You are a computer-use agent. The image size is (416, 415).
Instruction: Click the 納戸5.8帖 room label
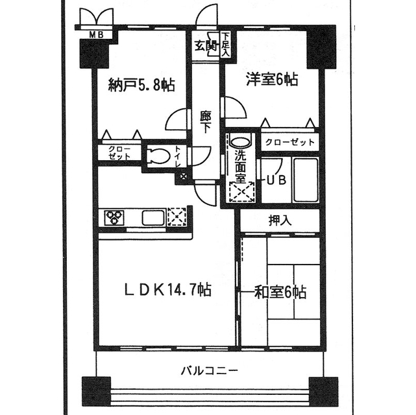(x=141, y=85)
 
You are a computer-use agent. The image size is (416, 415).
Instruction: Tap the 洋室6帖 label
(x=271, y=80)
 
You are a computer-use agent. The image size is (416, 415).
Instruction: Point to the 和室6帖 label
(x=280, y=292)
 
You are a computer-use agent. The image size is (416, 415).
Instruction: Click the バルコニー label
(x=208, y=372)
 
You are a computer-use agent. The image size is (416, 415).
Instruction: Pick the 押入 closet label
(x=280, y=219)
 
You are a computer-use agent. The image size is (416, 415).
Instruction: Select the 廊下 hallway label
(x=206, y=122)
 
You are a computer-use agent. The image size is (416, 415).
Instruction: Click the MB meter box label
(x=95, y=35)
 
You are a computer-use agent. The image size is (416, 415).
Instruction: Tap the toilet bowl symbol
(x=158, y=156)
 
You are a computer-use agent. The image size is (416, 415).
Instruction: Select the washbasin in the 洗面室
(x=239, y=141)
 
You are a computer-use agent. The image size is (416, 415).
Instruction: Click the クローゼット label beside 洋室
(x=289, y=142)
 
